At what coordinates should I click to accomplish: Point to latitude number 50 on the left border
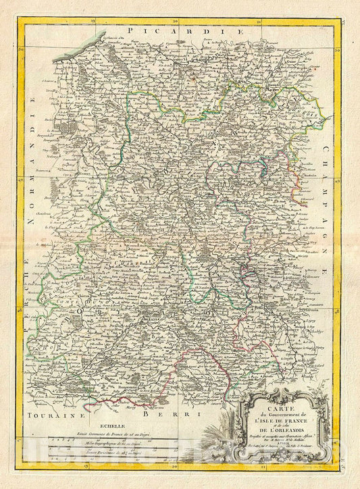tap(22, 49)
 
